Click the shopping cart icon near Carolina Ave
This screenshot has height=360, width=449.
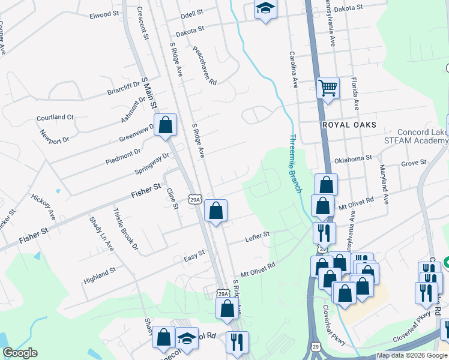tap(328, 88)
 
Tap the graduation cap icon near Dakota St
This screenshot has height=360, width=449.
tap(265, 9)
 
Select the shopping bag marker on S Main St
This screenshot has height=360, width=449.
tap(166, 125)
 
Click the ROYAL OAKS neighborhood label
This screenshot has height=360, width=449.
tap(349, 125)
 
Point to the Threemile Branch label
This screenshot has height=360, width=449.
tap(295, 163)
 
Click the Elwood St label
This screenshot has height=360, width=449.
tap(100, 14)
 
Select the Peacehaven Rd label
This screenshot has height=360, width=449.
tap(205, 65)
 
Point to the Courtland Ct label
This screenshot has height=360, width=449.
tap(54, 118)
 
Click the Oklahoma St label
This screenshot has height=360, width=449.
tap(354, 158)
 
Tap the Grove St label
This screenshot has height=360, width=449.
tap(413, 163)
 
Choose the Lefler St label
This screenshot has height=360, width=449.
tap(258, 238)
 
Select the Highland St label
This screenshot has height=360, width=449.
tap(100, 272)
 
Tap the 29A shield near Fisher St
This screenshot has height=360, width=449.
tap(194, 199)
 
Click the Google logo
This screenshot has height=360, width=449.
tap(20, 353)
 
